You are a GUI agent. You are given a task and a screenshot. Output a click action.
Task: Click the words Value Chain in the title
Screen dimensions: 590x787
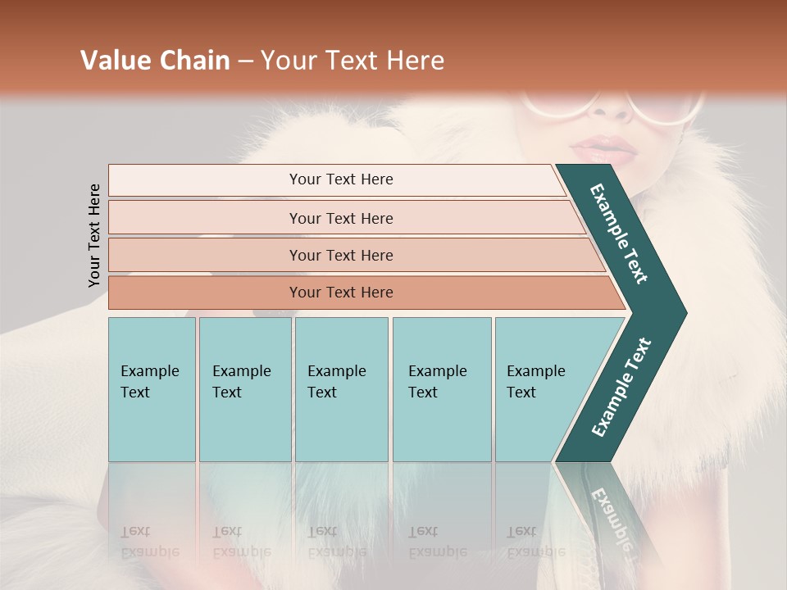[x=155, y=61]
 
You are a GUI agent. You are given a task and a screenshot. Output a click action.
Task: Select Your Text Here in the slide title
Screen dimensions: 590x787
[x=353, y=61]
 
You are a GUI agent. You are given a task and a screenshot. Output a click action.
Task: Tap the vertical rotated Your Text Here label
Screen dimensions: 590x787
[x=94, y=235]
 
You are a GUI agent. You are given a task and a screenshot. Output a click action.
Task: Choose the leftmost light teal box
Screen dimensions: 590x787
[x=152, y=389]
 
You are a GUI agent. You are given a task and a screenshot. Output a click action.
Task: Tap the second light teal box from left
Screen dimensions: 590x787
[x=245, y=389]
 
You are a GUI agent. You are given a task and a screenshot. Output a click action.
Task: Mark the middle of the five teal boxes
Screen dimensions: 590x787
[x=341, y=389]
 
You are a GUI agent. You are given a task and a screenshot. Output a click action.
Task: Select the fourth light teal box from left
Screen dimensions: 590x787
[x=442, y=389]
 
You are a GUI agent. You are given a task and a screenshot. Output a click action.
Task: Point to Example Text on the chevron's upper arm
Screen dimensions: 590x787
[x=619, y=234]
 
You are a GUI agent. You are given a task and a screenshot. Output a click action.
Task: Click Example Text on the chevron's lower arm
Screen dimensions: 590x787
[x=621, y=388]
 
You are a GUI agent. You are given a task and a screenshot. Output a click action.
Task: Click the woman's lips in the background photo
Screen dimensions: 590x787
[x=603, y=149]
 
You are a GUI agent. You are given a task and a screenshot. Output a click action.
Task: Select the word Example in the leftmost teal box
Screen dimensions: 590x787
[x=149, y=371]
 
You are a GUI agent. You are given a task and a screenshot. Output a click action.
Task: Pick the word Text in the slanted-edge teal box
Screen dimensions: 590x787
[x=521, y=393]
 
